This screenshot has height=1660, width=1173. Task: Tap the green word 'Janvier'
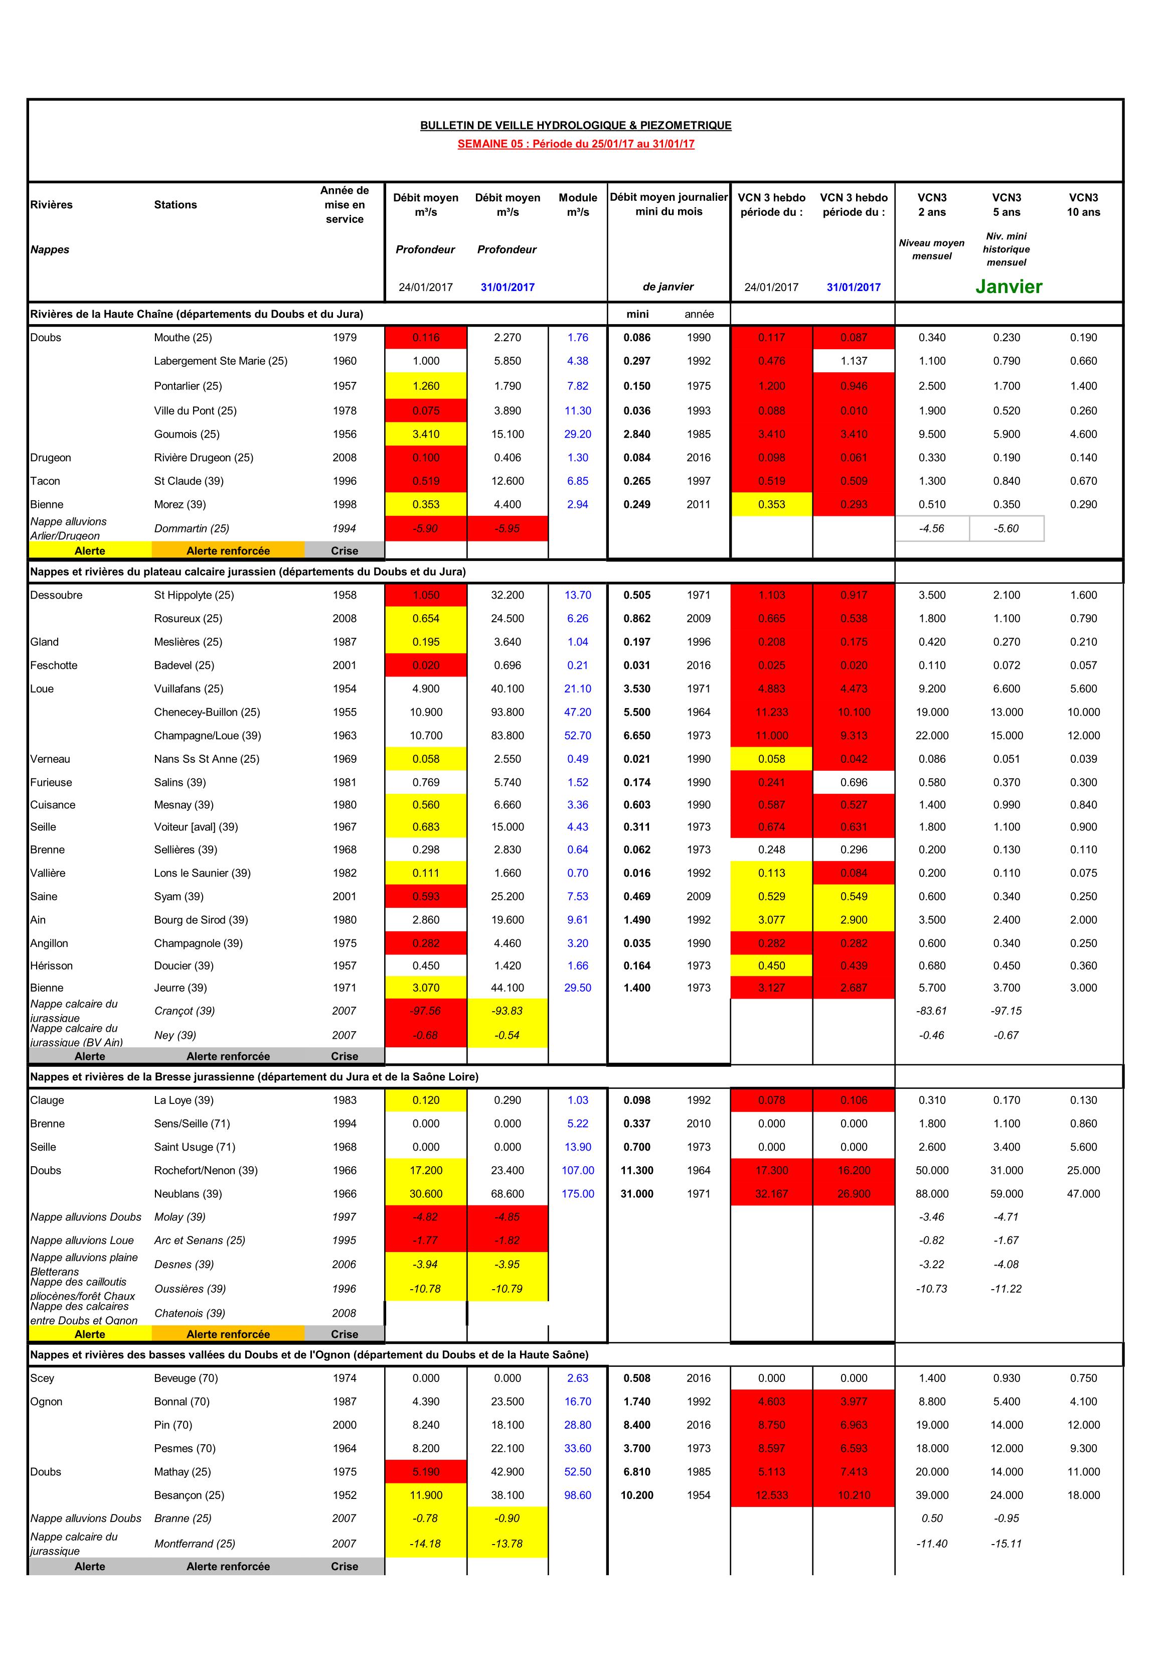tap(1008, 287)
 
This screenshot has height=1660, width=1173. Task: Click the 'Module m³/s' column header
tap(577, 205)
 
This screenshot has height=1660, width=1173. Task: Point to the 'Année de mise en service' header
tap(344, 205)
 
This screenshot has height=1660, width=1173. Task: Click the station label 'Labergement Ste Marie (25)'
tap(221, 361)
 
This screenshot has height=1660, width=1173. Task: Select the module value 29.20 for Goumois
tap(577, 434)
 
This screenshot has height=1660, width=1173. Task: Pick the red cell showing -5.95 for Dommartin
tap(508, 528)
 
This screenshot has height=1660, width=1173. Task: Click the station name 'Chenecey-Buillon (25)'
tap(207, 712)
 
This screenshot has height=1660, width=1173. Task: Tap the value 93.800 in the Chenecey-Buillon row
tap(508, 712)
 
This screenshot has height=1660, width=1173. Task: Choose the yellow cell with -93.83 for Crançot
tap(508, 1011)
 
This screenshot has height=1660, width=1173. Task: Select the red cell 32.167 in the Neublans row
tap(771, 1194)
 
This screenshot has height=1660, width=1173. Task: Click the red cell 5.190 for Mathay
tap(426, 1471)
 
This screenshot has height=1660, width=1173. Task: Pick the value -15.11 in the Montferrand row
tap(1006, 1544)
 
